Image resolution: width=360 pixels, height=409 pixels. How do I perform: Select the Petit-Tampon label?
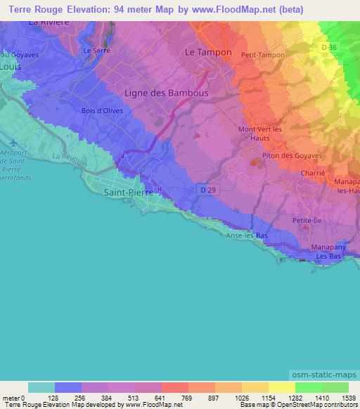click(x=262, y=55)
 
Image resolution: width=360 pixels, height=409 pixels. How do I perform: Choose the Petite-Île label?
click(x=305, y=221)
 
